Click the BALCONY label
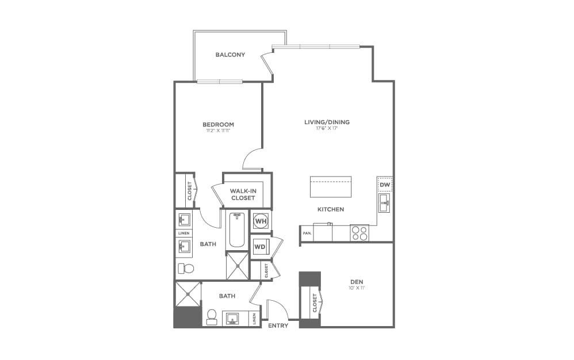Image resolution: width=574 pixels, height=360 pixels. (230, 55)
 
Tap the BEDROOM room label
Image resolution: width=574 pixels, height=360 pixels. (218, 124)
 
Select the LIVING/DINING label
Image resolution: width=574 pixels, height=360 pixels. (327, 122)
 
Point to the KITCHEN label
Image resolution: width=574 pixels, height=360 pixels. (331, 209)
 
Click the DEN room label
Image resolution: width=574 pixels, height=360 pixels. (357, 282)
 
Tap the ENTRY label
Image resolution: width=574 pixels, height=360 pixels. (278, 325)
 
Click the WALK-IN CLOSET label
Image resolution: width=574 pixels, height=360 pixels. (243, 194)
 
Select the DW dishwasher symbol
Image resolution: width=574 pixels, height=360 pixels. (385, 185)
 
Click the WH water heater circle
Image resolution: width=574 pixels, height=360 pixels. (261, 221)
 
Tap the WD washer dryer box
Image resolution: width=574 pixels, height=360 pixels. (259, 247)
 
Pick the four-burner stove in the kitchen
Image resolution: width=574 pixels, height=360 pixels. (359, 232)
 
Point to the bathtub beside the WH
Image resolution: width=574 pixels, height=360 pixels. (236, 231)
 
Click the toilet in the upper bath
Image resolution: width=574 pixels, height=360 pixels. (186, 268)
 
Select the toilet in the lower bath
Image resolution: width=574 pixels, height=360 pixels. (211, 316)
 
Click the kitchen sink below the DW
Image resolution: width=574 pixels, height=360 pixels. (384, 201)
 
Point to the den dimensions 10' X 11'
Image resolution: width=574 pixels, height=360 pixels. (357, 288)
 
